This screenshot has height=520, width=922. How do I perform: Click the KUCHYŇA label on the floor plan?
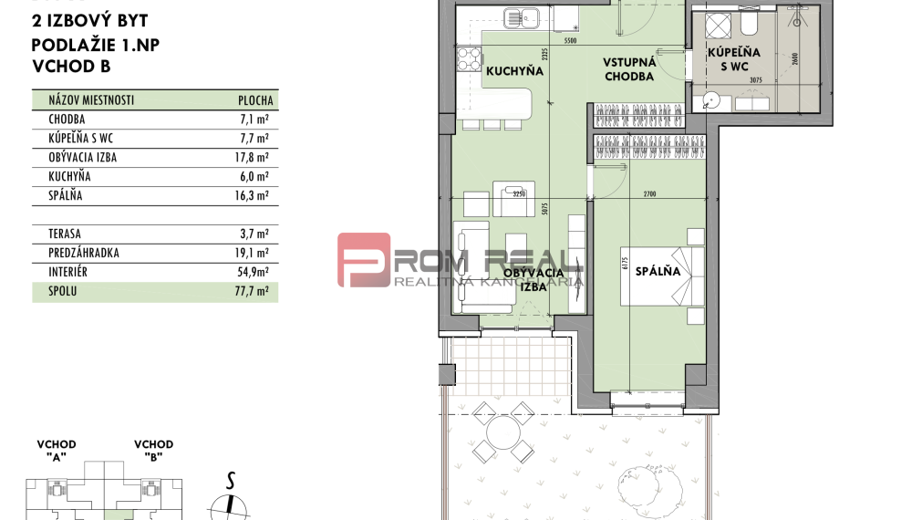coord(514,71)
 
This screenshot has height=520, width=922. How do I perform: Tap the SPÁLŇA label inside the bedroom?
coord(658,271)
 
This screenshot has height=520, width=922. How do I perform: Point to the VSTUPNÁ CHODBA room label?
coord(628,69)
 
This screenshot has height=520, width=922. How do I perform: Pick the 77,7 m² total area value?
coord(253,292)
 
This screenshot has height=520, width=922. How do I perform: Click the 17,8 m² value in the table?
coord(253,158)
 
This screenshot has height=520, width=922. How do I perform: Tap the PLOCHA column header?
coord(255,101)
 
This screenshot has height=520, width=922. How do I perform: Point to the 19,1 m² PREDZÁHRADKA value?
coord(253,254)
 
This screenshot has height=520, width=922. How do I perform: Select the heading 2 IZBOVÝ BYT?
coord(89,21)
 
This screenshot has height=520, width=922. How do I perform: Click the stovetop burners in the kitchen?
coord(469,60)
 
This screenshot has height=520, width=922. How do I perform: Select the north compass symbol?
coord(230,504)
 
